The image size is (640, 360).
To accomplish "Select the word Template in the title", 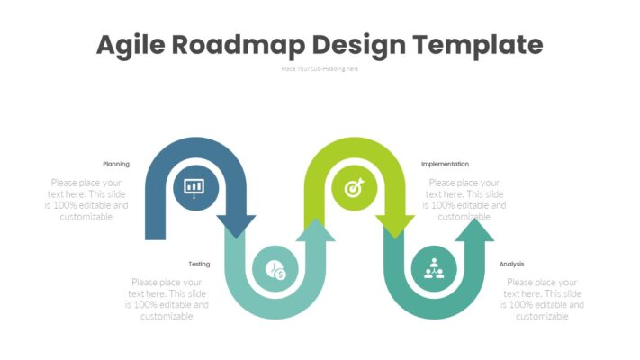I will (x=482, y=44).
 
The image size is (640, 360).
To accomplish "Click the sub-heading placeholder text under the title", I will (x=320, y=68).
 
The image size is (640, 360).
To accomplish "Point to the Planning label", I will (x=116, y=164).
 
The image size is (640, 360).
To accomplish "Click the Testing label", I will (x=199, y=264).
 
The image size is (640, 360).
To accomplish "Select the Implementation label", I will (x=445, y=164).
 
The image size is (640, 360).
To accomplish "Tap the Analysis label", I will (x=511, y=264).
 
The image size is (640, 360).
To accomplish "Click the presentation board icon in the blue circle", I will (x=194, y=187).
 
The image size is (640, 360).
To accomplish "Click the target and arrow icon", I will (x=352, y=188).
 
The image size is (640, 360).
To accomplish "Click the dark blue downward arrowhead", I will (x=237, y=226).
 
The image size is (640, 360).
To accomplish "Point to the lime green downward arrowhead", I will (x=395, y=226).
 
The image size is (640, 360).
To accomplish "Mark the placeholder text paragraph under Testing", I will (x=167, y=299).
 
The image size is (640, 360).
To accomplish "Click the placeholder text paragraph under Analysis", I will (x=542, y=299).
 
